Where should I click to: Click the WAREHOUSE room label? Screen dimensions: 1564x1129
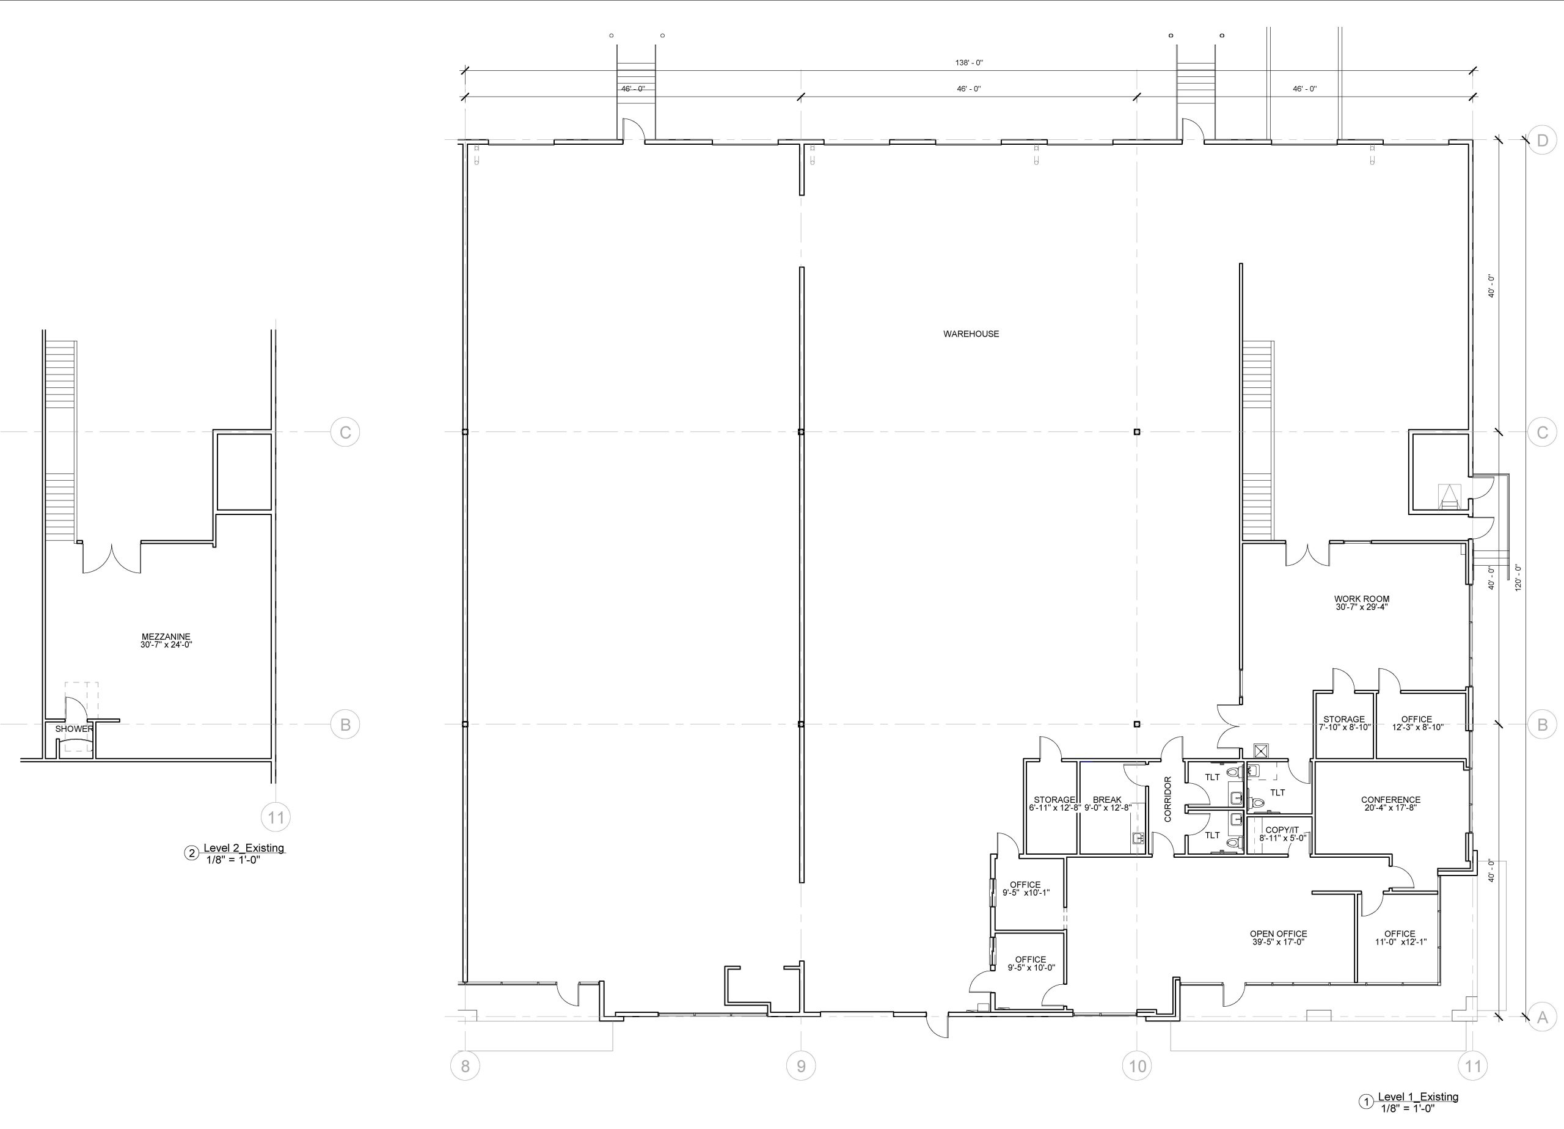click(971, 334)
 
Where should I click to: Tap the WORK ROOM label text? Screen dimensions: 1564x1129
click(1361, 599)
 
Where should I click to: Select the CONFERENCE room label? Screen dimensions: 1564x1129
click(1391, 800)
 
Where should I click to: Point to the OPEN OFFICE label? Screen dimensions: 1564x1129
click(1279, 934)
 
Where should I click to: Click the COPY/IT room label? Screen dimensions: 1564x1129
click(1282, 830)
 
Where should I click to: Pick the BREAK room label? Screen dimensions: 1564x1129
click(1107, 800)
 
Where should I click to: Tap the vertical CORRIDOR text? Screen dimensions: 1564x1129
click(1168, 799)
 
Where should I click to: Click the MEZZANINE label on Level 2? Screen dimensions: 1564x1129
click(166, 637)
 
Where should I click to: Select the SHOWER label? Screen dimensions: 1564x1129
click(74, 729)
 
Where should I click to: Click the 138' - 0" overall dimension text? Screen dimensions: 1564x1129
click(969, 63)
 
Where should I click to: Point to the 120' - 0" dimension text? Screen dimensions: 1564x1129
click(1518, 578)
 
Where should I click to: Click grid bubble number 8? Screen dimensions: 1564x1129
click(465, 1066)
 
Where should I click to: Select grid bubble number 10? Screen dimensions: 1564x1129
click(1137, 1066)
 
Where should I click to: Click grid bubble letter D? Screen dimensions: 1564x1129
click(1543, 141)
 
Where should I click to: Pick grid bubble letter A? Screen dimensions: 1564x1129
click(1543, 1017)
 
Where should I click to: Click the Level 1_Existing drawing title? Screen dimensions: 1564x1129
click(1418, 1097)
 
